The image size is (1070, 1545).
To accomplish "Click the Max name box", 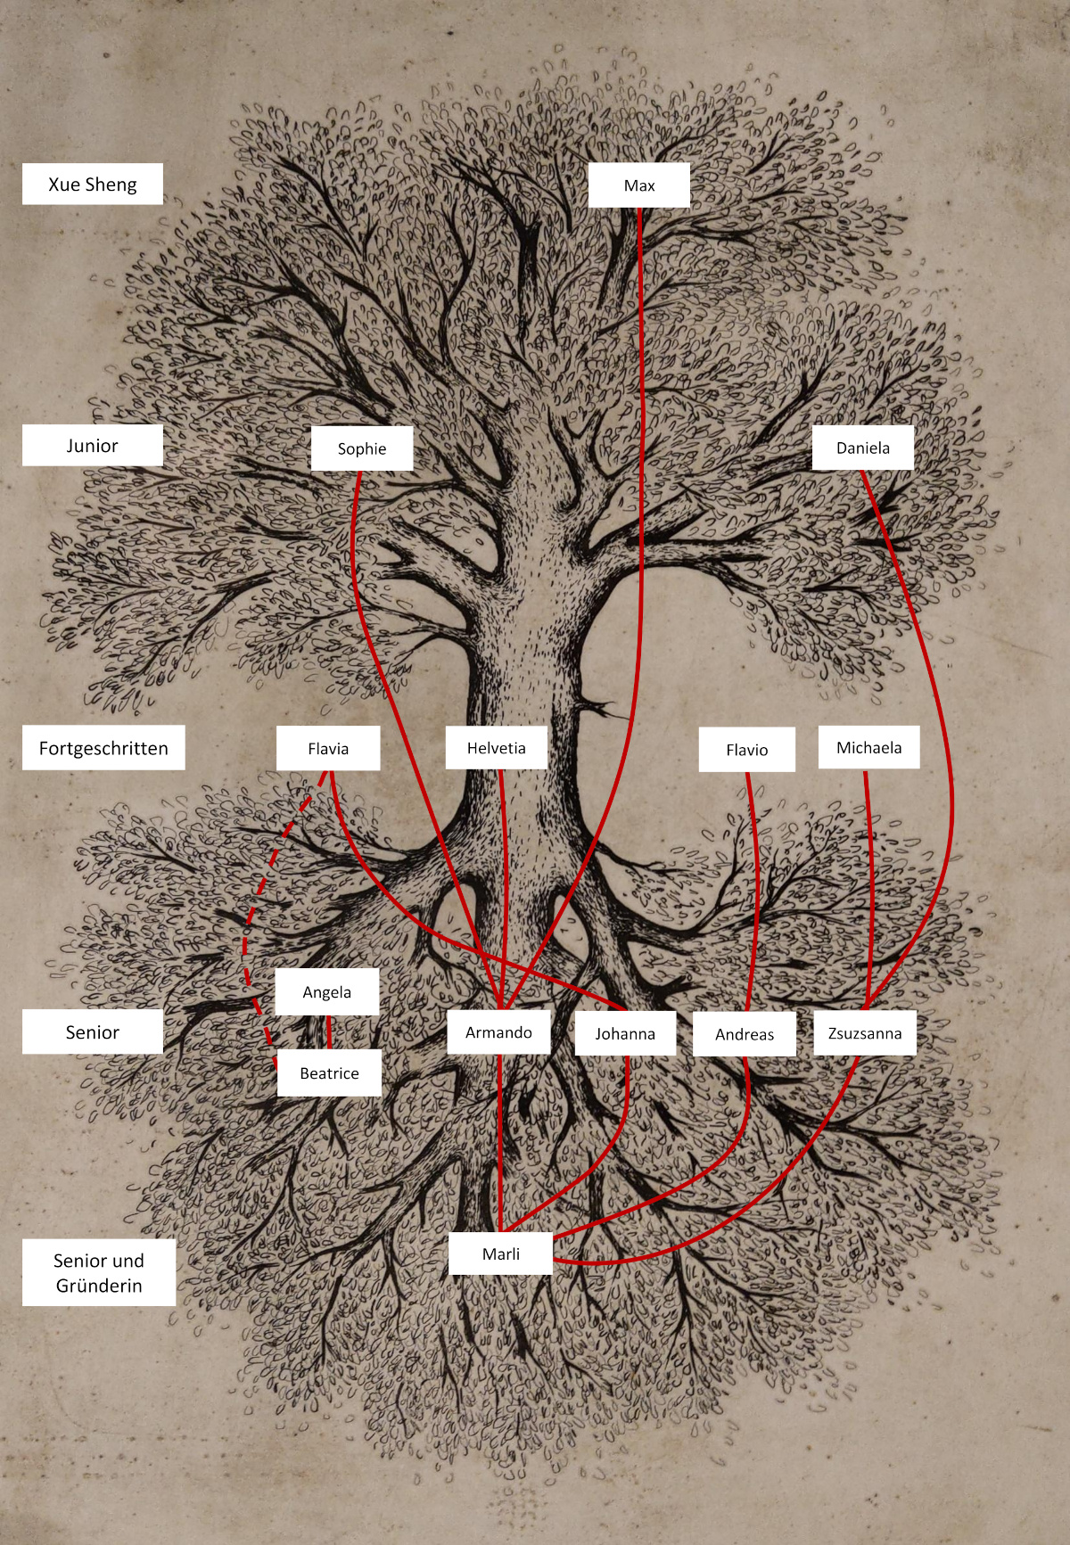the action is [639, 185].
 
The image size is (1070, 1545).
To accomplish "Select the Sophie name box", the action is [362, 448].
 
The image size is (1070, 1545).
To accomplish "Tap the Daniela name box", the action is [863, 448].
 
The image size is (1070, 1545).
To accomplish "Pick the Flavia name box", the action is [328, 748].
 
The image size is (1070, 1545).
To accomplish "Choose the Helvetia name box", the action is [497, 748].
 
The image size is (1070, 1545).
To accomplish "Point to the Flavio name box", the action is [747, 750].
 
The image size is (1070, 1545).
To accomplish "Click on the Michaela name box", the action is [869, 747].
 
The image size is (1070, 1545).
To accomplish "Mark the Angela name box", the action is [327, 992].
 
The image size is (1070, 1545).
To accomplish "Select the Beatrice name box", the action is [329, 1073].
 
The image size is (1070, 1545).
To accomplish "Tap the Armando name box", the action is [498, 1032].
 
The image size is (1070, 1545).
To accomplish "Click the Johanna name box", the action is [625, 1034].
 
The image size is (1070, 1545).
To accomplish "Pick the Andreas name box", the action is [745, 1034].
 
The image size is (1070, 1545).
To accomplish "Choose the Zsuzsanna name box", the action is [865, 1033].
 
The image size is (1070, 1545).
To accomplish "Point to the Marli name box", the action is [501, 1253].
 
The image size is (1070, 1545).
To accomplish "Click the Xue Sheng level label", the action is [93, 184].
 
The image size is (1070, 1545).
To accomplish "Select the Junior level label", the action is [93, 445].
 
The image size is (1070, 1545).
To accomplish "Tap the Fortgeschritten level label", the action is [103, 748].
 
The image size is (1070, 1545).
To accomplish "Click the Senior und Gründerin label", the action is [99, 1272].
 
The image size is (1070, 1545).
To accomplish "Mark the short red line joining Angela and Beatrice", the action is [329, 1032].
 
